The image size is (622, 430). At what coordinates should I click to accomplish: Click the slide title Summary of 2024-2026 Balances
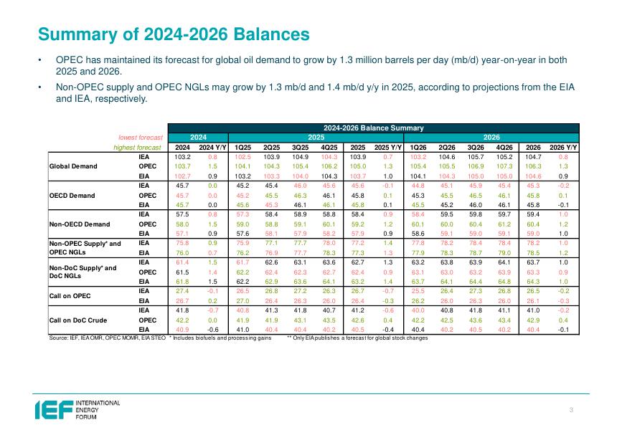tap(174, 34)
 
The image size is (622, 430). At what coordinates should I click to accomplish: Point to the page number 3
tap(571, 409)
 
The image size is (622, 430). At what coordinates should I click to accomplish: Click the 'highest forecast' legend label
tap(140, 147)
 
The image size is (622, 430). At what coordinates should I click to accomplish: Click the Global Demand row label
tap(73, 165)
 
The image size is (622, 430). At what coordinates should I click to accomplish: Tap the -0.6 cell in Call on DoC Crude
tap(213, 329)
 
